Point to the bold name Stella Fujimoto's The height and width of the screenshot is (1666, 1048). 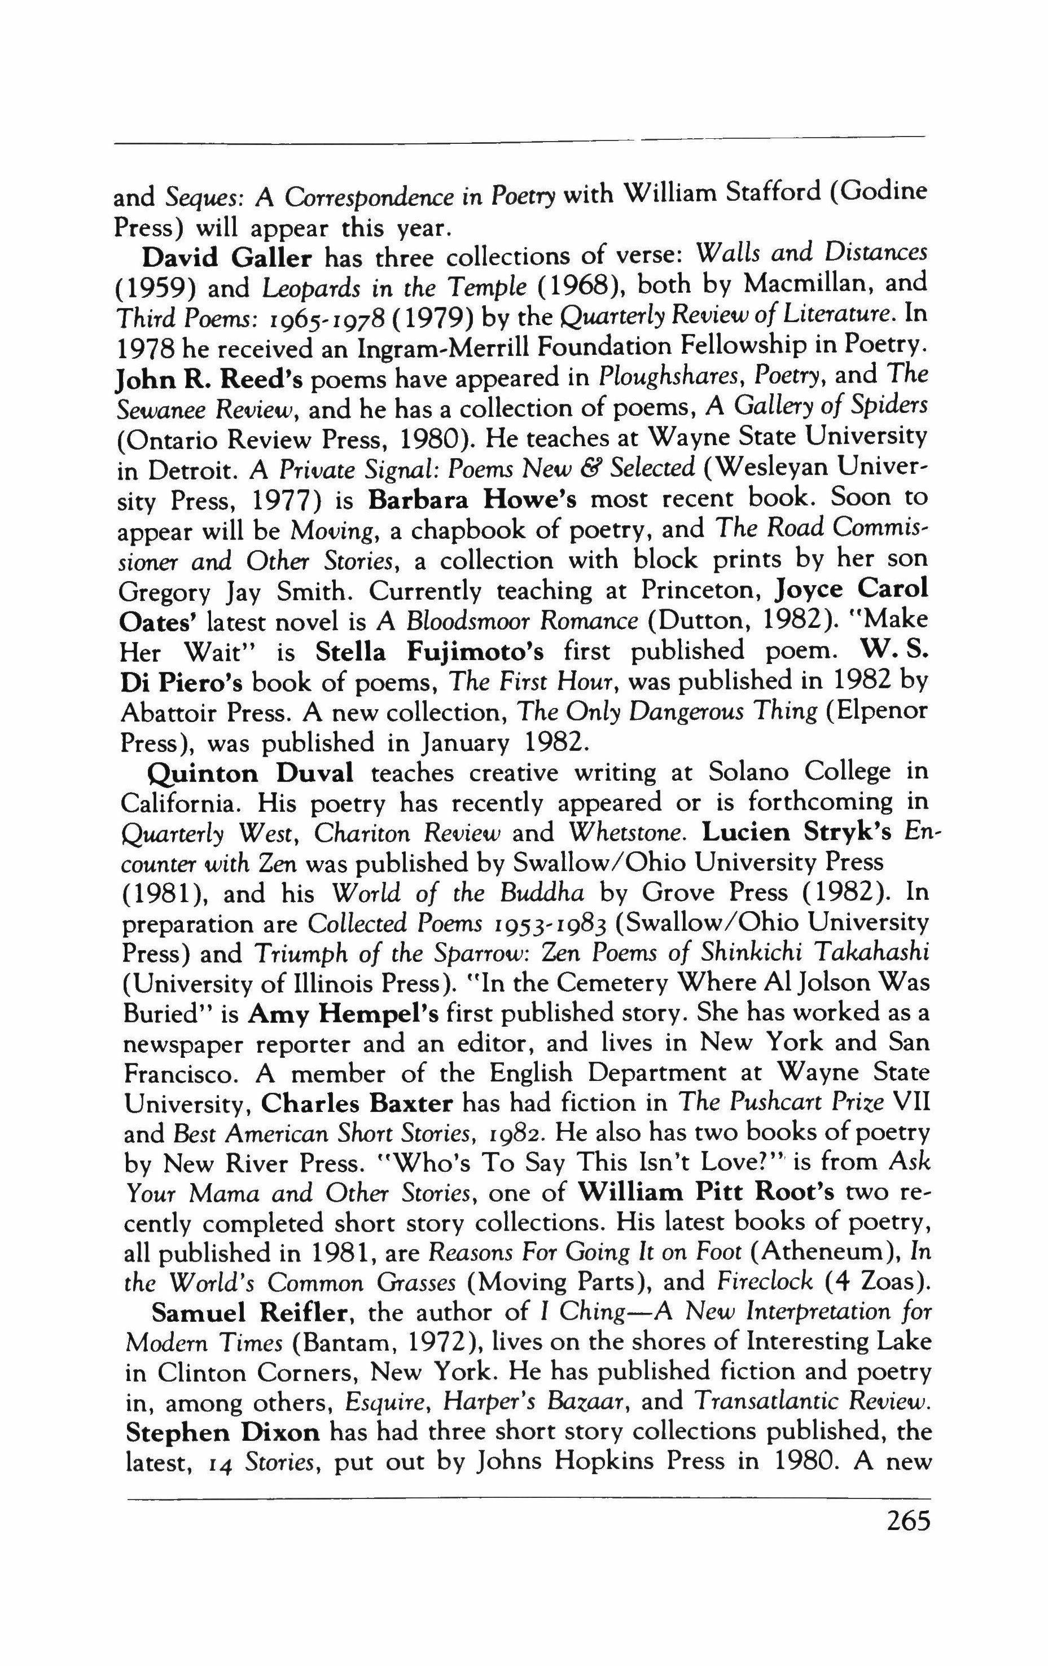pyautogui.click(x=429, y=651)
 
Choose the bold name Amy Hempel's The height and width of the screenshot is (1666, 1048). pyautogui.click(x=343, y=1014)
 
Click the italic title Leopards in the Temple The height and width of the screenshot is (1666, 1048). pyautogui.click(x=375, y=288)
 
